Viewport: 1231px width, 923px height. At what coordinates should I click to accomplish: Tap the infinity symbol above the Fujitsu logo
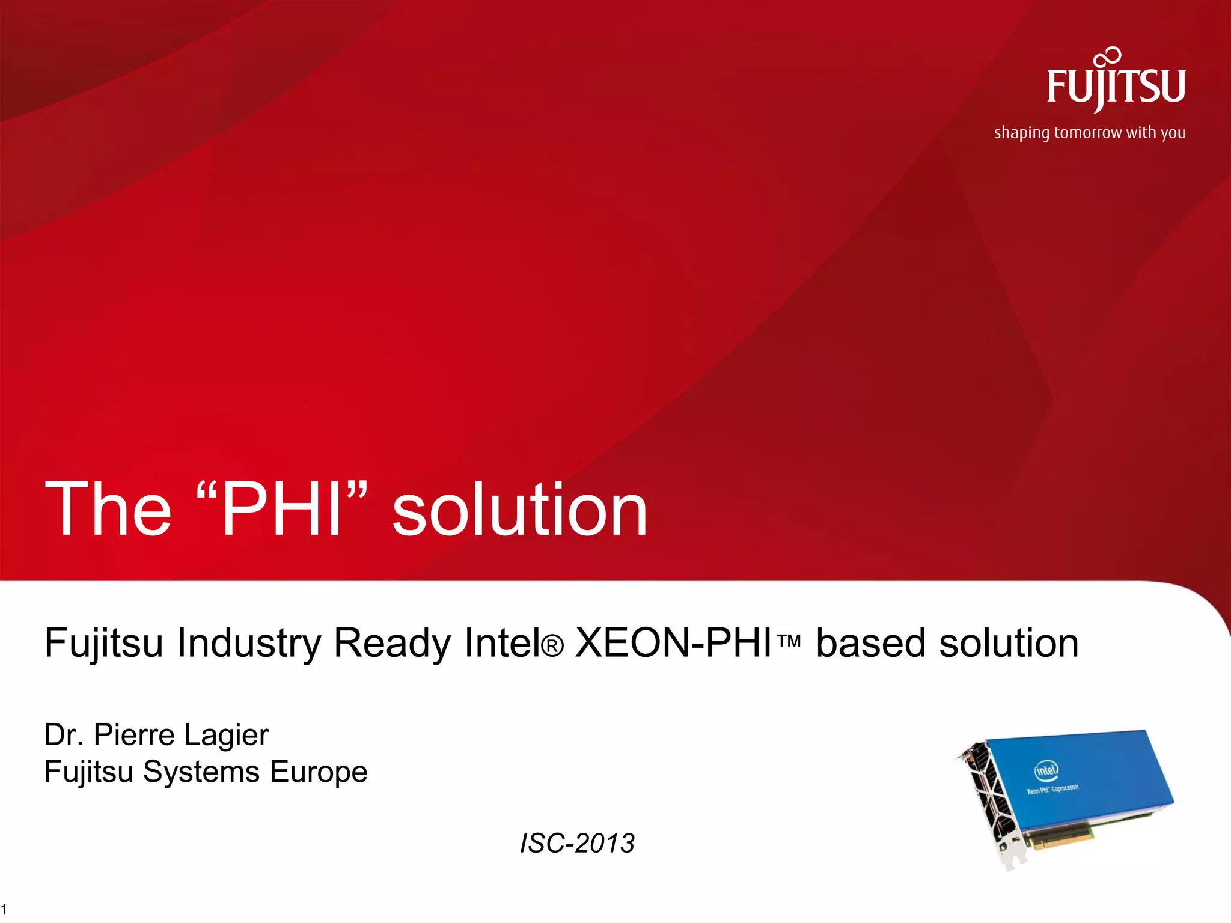point(1108,56)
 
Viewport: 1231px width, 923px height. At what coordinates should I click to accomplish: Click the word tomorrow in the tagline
point(1088,132)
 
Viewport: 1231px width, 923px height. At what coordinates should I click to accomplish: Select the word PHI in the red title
point(282,510)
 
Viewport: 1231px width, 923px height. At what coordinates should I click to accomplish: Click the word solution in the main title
point(520,510)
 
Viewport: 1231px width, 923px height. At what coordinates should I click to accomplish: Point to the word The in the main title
point(108,510)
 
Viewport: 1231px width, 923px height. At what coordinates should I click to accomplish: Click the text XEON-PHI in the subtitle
point(673,643)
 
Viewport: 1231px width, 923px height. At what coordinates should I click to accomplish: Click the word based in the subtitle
point(870,643)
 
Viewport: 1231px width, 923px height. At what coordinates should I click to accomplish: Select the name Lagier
point(226,736)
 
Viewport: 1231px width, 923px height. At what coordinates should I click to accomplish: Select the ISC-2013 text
point(577,843)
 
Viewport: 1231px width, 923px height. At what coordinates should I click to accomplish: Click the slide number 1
point(4,909)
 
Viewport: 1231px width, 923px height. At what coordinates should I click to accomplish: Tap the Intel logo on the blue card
point(1046,770)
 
